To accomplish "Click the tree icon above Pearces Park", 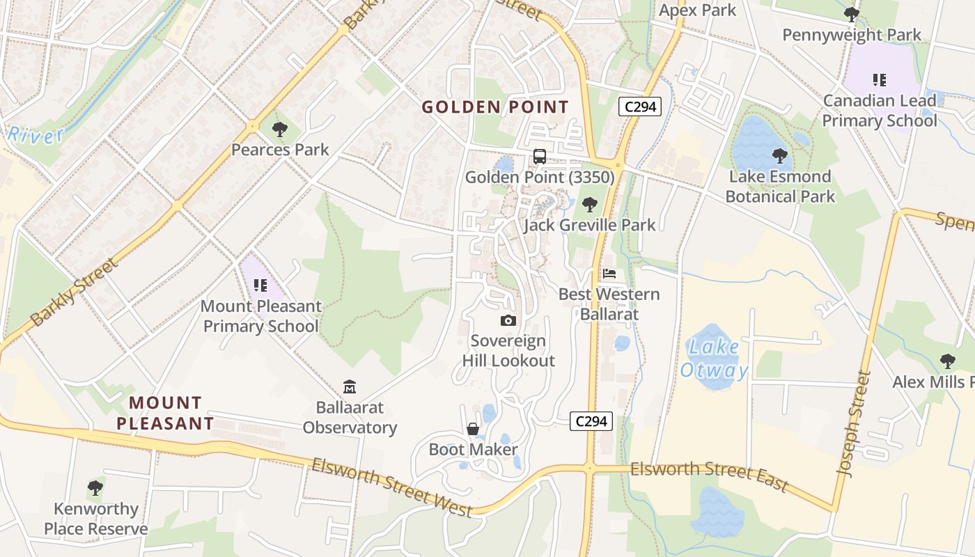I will (279, 129).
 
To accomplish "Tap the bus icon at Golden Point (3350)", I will (540, 157).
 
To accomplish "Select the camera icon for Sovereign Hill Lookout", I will (508, 320).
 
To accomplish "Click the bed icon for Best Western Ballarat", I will (609, 274).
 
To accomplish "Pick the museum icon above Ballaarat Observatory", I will (350, 386).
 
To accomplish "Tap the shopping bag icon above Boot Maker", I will (473, 429).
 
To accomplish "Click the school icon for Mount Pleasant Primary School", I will (260, 285).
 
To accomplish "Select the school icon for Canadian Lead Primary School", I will (880, 80).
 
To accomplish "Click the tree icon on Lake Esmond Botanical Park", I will (780, 156).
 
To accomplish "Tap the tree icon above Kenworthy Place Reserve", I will (95, 488).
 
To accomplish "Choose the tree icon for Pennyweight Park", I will (851, 15).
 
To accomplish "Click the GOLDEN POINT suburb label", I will (495, 107).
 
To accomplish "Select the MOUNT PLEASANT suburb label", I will (165, 413).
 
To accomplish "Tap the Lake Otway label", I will (714, 358).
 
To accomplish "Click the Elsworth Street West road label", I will (392, 487).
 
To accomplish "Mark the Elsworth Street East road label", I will (709, 476).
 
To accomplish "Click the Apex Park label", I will (697, 10).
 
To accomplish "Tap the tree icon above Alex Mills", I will (947, 361).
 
